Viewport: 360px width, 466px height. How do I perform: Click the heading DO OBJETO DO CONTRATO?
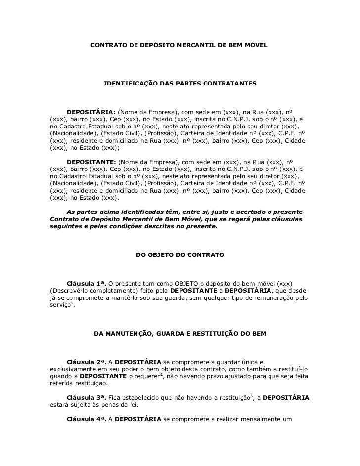tap(180, 255)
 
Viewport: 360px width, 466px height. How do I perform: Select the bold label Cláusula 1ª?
tap(87, 284)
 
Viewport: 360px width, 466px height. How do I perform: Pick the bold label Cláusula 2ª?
tap(87, 361)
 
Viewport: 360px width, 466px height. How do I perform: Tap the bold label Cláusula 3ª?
tap(87, 397)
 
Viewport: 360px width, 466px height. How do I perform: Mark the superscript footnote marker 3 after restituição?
tap(251, 396)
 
